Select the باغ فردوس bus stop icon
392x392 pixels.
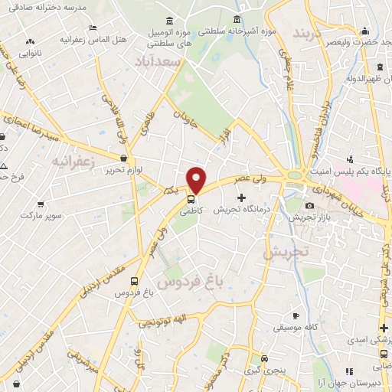tap(135, 282)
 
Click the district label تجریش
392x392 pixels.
tap(285, 251)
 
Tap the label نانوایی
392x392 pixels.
tap(31, 54)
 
